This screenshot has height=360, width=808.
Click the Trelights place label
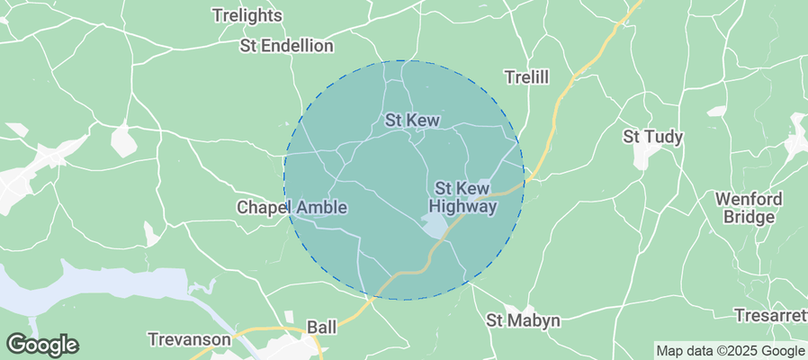click(247, 15)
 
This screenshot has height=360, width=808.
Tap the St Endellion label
click(287, 46)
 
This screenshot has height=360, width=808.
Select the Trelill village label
click(526, 78)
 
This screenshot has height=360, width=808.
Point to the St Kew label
click(412, 120)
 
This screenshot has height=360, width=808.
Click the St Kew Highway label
click(465, 198)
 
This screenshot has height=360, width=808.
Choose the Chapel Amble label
click(292, 208)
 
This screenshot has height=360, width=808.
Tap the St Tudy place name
click(653, 137)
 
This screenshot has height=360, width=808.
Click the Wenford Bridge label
click(748, 208)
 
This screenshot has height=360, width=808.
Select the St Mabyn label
click(523, 320)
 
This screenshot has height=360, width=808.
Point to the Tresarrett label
click(770, 316)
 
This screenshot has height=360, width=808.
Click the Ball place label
click(321, 327)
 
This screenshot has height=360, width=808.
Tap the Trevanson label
click(190, 339)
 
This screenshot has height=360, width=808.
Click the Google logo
click(42, 344)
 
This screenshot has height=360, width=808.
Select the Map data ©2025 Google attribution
click(730, 351)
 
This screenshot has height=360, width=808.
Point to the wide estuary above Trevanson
click(90, 286)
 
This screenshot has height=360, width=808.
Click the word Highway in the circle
click(463, 207)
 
